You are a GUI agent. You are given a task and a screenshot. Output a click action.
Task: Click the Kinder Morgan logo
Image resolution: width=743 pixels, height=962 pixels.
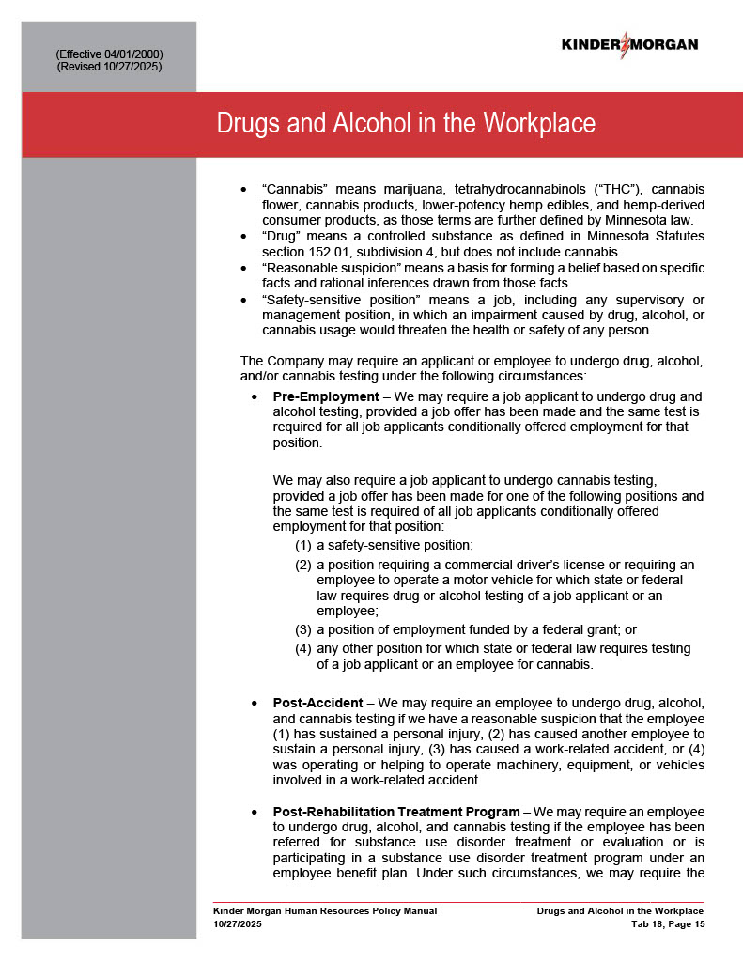coord(629,45)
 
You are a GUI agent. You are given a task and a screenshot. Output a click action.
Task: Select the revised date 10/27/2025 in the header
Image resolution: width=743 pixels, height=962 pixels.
coord(133,67)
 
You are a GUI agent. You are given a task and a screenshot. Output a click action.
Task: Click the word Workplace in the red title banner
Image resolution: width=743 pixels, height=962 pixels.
coord(540,123)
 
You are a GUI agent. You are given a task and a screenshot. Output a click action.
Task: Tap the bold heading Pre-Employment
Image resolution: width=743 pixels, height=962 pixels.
coord(326,396)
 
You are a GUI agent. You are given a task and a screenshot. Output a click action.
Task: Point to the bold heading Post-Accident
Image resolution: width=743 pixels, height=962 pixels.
coord(317,703)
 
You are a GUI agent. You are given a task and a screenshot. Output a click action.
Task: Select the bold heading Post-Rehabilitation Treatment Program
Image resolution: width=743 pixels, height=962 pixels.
coord(395,812)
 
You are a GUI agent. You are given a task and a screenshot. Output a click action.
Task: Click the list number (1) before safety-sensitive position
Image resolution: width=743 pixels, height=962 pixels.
coord(303,545)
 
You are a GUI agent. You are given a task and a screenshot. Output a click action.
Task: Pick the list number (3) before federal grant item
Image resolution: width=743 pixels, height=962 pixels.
coord(303,629)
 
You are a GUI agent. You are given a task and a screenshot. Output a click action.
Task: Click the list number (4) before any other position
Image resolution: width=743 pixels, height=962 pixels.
coord(303,648)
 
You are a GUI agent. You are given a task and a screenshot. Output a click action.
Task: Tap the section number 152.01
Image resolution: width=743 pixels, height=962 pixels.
coord(341,253)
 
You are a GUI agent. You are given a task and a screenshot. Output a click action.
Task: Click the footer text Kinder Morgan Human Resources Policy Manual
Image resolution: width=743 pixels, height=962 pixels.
coord(325,911)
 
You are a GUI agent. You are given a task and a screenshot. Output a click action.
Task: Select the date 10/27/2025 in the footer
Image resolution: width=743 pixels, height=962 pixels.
coord(238,924)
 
